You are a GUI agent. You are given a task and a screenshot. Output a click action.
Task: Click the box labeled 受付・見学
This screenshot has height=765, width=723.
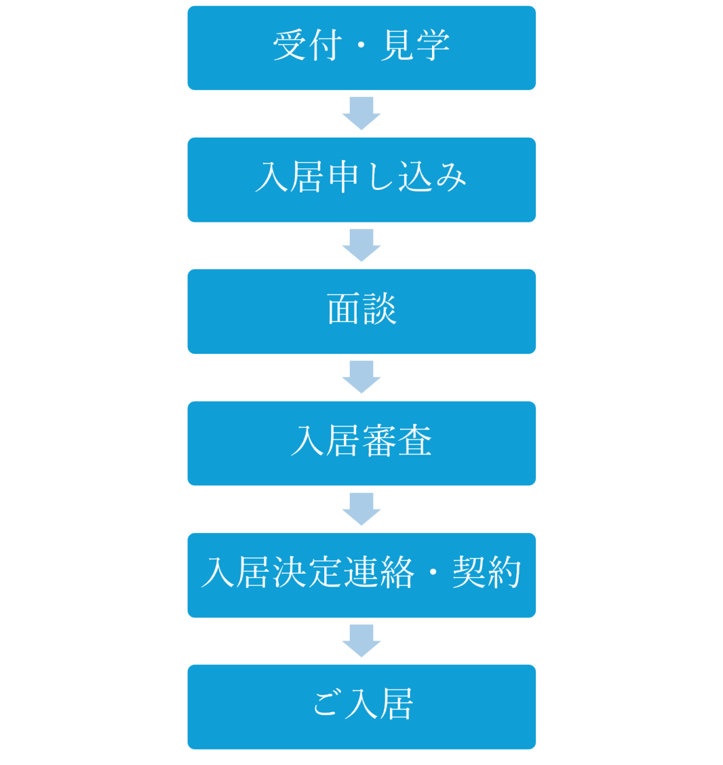point(361,48)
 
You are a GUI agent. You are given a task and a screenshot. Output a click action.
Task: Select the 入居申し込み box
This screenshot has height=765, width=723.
point(361,180)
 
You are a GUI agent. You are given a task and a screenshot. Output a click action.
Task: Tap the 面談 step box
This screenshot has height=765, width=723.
point(361,311)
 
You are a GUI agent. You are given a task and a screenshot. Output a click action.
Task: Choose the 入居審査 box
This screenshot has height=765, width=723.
point(361,443)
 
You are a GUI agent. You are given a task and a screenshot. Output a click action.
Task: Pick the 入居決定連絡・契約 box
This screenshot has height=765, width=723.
point(361,575)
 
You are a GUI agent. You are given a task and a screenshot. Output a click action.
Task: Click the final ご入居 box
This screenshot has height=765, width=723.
point(361,707)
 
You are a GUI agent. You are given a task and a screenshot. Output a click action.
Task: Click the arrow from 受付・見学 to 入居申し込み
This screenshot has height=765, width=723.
point(361,113)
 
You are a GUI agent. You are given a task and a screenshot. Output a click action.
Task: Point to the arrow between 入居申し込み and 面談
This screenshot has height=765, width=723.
point(361,245)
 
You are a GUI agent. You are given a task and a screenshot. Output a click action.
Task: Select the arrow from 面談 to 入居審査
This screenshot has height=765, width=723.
point(361,377)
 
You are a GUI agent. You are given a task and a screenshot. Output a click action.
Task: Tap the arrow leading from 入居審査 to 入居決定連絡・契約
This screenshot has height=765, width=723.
point(361,509)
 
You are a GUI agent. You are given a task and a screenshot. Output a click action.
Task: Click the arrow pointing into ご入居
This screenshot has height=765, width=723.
point(361,641)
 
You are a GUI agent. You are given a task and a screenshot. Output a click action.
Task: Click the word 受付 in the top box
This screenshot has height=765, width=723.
point(308,45)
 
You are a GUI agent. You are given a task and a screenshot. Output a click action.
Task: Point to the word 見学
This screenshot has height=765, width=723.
point(415,45)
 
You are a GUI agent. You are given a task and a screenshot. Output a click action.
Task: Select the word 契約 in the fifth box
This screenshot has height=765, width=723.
point(487,572)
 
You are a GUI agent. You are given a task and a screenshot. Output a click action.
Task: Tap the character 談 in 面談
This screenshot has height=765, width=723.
point(380,309)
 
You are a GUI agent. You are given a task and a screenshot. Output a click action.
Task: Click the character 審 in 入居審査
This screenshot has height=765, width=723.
point(379,441)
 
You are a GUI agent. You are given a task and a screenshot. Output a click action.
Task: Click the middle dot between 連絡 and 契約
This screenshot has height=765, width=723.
point(433,572)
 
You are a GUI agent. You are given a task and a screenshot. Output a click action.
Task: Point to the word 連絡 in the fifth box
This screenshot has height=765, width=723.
point(379,572)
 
